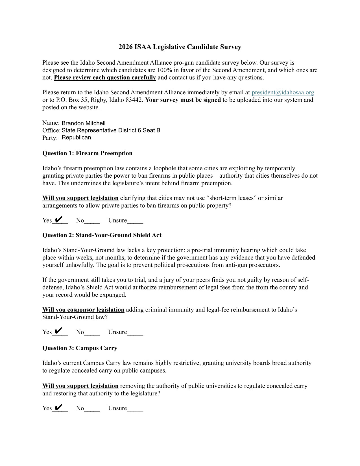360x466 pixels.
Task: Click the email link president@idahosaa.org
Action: click(283, 92)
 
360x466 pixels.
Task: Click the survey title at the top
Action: click(180, 47)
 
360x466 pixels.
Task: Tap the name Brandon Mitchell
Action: click(84, 123)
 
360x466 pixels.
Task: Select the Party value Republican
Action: click(76, 138)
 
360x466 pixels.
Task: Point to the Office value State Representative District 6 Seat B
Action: click(111, 130)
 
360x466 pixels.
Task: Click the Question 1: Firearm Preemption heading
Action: click(87, 153)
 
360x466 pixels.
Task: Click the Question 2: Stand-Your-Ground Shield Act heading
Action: click(102, 235)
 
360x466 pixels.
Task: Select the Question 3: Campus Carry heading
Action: click(80, 348)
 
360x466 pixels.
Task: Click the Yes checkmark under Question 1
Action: click(59, 219)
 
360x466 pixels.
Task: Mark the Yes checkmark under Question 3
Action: click(59, 407)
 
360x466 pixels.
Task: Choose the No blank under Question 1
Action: click(92, 221)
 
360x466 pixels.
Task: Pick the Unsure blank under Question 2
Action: click(135, 332)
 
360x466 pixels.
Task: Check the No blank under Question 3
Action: click(92, 409)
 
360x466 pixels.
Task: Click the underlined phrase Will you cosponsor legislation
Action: click(83, 310)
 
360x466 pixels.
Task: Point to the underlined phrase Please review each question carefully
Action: click(105, 78)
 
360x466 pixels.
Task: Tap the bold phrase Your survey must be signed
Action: click(183, 100)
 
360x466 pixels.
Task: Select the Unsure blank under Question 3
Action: click(135, 409)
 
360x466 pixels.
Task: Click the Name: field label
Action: click(51, 123)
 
